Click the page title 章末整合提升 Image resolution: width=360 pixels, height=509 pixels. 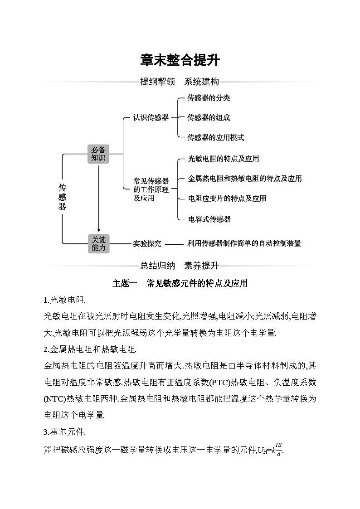(180, 60)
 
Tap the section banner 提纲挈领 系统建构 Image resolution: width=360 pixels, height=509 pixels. (180, 82)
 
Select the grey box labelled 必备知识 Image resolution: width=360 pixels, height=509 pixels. (98, 154)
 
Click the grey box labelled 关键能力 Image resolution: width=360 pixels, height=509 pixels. (98, 243)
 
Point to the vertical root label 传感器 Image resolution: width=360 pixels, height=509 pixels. (62, 197)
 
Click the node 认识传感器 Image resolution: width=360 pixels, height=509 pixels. (151, 117)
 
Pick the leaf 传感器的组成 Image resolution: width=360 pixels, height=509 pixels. (209, 117)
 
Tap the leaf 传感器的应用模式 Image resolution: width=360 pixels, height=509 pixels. (216, 137)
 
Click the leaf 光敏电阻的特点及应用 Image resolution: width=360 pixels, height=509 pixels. (224, 159)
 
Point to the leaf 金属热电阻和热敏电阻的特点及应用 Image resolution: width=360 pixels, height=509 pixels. (245, 179)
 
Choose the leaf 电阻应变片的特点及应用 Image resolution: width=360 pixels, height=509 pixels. (227, 199)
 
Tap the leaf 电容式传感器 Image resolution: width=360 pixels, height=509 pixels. (209, 219)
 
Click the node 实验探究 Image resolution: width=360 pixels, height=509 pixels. (147, 243)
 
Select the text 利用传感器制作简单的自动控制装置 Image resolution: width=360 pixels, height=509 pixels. (244, 243)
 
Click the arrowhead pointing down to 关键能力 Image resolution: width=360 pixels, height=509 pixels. (98, 231)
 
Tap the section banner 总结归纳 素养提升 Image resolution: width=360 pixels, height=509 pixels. (180, 266)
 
